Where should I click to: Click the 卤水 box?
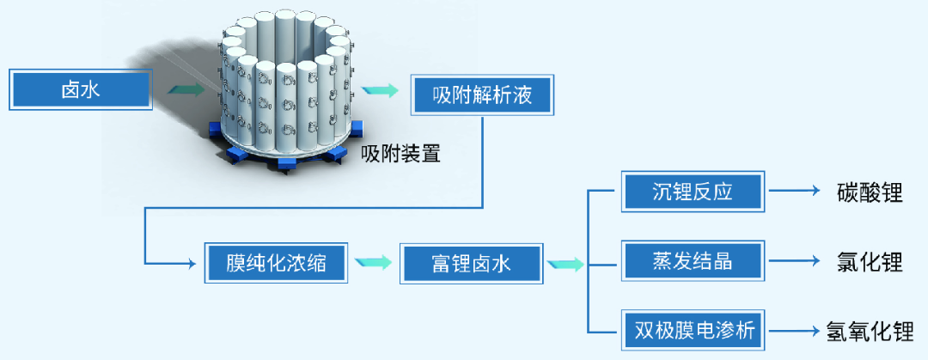pos(81,88)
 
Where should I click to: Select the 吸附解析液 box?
pos(482,95)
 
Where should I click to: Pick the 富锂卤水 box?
pos(471,263)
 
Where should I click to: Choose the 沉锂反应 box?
pos(692,192)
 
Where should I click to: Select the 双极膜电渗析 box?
pos(692,330)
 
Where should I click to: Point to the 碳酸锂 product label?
pos(869,192)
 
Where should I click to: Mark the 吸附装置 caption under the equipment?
pos(400,155)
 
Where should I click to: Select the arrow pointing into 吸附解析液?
pos(381,89)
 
